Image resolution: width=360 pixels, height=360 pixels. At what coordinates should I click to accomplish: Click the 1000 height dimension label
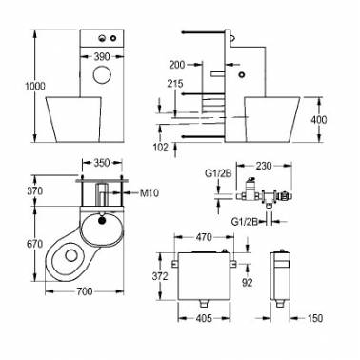(x=35, y=86)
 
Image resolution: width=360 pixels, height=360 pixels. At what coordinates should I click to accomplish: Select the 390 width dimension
(x=102, y=57)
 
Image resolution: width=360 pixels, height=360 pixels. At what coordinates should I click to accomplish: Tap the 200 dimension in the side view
(x=177, y=65)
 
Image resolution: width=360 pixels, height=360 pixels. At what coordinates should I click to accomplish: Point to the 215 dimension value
(x=176, y=84)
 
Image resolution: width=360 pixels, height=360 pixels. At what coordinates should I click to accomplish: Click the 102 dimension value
(x=160, y=148)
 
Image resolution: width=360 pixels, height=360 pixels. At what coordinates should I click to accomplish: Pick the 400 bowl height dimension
(x=319, y=120)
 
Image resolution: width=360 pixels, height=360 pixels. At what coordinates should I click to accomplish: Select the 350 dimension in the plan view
(x=102, y=163)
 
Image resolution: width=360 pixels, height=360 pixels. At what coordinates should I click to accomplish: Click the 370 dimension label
(x=35, y=191)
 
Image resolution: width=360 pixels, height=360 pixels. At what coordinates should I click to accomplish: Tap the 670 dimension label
(x=35, y=244)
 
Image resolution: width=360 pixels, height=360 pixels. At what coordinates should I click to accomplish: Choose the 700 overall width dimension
(x=85, y=291)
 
